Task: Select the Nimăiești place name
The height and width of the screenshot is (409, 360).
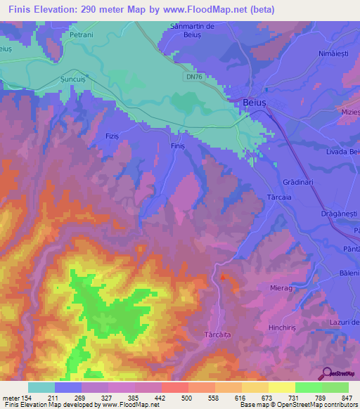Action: (333, 53)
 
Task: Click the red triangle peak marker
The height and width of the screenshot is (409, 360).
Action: (224, 277)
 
